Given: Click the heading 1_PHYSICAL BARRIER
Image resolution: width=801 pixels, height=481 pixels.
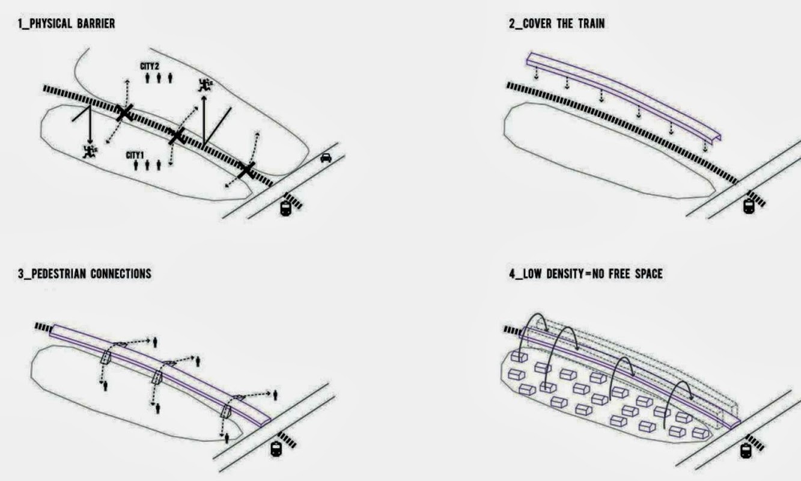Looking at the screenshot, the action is point(67,23).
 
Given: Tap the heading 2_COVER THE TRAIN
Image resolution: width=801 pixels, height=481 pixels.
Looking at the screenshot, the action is point(557,23).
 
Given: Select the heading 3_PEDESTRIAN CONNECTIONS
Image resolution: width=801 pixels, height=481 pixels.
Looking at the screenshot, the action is point(85,274).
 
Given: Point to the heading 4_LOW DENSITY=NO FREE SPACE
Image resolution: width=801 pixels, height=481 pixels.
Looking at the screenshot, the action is point(586,274).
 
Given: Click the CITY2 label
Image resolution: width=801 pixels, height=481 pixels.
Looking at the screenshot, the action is point(150,66).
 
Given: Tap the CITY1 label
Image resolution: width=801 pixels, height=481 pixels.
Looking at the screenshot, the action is point(135,155).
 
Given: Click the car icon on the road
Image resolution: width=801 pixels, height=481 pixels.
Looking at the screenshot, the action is point(326,158).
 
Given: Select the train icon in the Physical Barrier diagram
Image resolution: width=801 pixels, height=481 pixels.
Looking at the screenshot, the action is point(285,208).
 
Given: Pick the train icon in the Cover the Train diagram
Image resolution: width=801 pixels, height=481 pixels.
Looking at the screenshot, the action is point(749,206).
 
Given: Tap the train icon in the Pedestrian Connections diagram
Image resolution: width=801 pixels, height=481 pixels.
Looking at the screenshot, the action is point(276,449).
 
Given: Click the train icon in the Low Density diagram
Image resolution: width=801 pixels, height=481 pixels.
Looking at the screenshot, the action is point(746,450).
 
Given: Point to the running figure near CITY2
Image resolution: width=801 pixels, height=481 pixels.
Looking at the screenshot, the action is point(205,84).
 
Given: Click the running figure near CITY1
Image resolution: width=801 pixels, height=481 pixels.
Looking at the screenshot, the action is point(90,152).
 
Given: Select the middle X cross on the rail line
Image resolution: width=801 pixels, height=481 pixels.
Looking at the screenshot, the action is point(177,136).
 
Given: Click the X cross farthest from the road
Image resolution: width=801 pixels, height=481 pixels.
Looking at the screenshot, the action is point(124,113).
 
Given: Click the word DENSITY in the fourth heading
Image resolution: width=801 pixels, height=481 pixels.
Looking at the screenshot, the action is point(565,274).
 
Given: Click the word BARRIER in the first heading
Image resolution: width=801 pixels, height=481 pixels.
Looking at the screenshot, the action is point(96,23).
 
